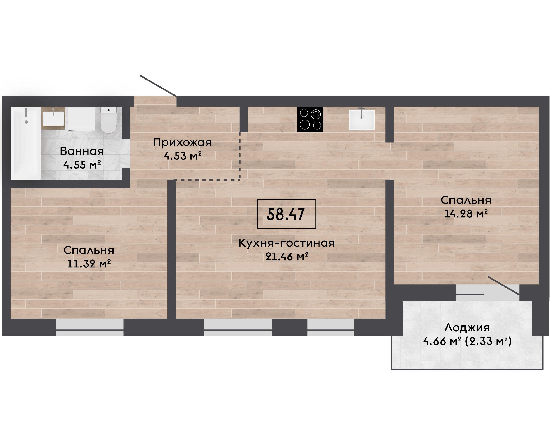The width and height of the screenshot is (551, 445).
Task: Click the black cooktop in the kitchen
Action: (x=310, y=119)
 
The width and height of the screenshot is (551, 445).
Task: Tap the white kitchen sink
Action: (x=361, y=120)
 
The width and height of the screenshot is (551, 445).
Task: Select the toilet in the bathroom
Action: (x=108, y=120)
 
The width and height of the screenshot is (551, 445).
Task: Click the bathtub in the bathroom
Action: (x=26, y=143)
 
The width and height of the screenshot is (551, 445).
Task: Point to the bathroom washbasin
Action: (x=53, y=118)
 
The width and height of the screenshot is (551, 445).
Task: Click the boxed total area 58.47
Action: (x=286, y=214)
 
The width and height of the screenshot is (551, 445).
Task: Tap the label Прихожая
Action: (x=182, y=143)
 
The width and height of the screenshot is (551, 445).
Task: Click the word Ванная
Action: (x=82, y=151)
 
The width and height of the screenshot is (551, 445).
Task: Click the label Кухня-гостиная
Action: (x=287, y=243)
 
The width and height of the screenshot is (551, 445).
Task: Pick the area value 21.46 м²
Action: (x=287, y=256)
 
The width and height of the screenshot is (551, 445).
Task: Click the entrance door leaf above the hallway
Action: (x=158, y=86)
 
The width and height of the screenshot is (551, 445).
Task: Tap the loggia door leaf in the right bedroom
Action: (x=504, y=286)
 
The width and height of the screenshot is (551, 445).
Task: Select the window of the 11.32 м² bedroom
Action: (x=89, y=327)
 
